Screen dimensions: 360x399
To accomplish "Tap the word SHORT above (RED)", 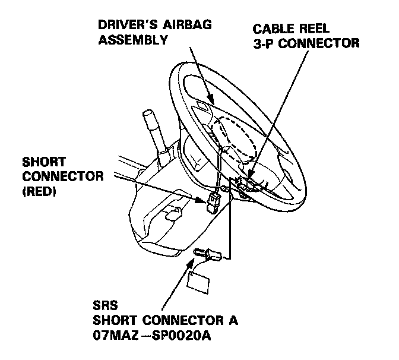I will (43, 162).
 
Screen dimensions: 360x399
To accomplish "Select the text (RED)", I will (39, 192).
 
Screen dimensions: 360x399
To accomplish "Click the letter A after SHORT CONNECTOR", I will (233, 322).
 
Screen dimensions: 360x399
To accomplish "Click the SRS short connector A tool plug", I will (210, 256).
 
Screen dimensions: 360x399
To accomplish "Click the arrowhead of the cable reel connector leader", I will (246, 184).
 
